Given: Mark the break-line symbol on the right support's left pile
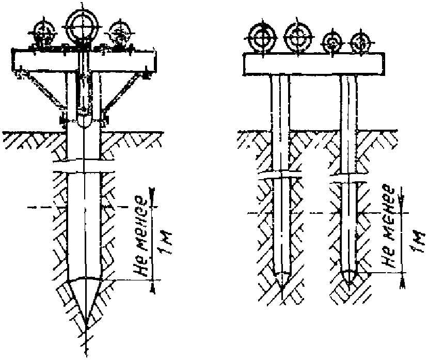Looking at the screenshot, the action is pyautogui.click(x=281, y=176).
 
